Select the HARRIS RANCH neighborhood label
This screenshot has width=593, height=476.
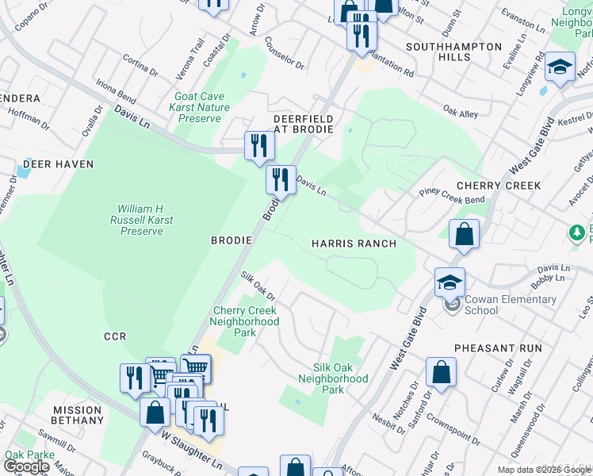pos(354,244)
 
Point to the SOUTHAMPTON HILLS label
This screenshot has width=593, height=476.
pos(453,52)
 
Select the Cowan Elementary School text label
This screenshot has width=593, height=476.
pos(511,305)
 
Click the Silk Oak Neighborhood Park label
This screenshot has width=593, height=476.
pos(333,379)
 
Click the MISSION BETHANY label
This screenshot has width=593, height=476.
pos(77,416)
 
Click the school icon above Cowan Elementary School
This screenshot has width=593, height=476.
pos(450,283)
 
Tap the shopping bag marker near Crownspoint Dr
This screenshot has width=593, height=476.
pos(442,373)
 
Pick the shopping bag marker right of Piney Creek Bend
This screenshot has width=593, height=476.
pos(464,235)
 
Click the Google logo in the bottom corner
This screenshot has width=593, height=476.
pos(26,466)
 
